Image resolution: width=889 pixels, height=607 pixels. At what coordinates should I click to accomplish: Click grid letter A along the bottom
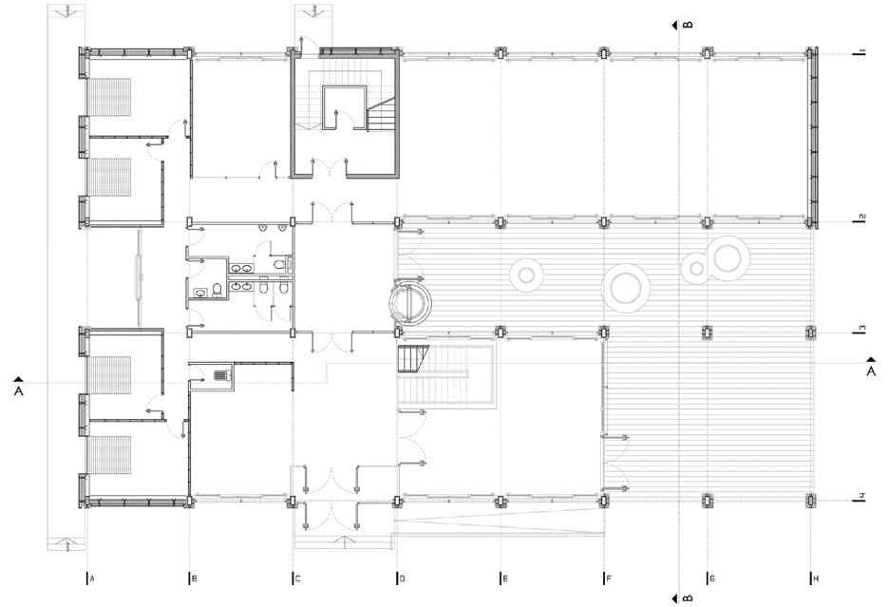point(92,579)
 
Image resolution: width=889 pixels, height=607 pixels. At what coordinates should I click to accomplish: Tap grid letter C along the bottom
point(297,579)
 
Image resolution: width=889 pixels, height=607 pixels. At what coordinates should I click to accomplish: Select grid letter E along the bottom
point(505,579)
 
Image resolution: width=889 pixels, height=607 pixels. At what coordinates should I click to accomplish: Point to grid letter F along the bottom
point(609,579)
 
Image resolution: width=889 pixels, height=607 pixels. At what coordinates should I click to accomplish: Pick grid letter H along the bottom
point(816,579)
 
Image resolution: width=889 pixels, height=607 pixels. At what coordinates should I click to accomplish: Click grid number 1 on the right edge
point(861,52)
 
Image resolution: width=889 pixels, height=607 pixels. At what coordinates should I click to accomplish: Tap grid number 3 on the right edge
point(861,329)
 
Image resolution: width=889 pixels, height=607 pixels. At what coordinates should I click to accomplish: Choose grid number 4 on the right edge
point(861,497)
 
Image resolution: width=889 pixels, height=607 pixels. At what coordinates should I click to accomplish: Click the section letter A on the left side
point(19,390)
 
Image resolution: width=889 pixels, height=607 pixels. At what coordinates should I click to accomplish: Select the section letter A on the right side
point(871,371)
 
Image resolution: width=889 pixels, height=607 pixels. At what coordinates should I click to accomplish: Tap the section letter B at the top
point(688,25)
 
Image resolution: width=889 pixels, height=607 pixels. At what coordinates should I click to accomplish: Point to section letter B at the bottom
point(688,598)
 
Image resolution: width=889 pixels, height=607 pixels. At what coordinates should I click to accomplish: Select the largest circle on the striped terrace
point(626,288)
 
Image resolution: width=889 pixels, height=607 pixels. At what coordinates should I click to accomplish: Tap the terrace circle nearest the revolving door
point(527,275)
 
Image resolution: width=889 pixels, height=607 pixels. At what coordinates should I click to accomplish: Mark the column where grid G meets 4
point(708,500)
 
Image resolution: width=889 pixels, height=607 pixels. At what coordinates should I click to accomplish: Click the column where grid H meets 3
point(811,332)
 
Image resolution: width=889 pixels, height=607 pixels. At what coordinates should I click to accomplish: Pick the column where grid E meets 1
point(500,54)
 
